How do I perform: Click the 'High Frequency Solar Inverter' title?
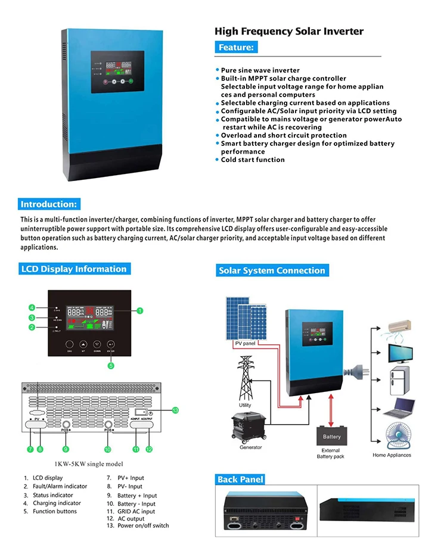[288, 32]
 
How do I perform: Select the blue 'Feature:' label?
[237, 48]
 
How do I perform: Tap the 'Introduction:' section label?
[48, 204]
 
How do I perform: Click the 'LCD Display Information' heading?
[74, 269]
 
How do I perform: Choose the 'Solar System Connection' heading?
[272, 270]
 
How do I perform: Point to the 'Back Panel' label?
[240, 479]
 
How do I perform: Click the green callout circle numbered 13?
[175, 410]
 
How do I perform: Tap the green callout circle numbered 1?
[139, 310]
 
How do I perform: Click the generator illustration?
[250, 427]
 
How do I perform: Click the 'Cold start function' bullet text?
[253, 160]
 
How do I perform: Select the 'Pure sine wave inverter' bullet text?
[260, 70]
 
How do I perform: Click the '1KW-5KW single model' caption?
[82, 464]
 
